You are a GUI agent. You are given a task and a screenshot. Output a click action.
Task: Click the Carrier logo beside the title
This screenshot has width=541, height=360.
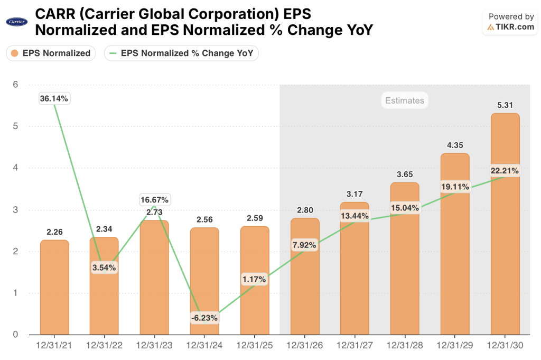tap(16, 22)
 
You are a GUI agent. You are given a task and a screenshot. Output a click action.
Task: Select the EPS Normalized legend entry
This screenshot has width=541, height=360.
tap(51, 53)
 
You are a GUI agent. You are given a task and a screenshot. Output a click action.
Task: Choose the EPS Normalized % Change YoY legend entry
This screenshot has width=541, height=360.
tap(181, 53)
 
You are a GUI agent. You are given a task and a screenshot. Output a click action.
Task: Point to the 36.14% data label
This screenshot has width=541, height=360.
tap(54, 98)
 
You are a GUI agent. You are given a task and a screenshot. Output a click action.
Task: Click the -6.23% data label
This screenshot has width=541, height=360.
tap(204, 318)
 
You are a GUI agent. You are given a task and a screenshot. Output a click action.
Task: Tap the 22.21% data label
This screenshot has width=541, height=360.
tap(505, 171)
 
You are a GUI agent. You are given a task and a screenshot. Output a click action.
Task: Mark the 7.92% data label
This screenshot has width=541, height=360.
tap(304, 245)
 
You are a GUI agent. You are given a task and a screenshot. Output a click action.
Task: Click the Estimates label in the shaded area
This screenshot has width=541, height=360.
tap(404, 100)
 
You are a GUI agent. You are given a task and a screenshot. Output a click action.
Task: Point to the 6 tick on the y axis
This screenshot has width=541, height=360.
tap(15, 85)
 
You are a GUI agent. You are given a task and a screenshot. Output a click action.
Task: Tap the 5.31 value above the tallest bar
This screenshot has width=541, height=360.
tap(505, 105)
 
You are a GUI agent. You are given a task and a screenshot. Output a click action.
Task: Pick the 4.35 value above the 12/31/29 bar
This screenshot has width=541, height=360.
tap(455, 145)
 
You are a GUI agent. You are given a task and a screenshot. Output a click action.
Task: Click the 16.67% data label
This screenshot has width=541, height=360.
tap(154, 200)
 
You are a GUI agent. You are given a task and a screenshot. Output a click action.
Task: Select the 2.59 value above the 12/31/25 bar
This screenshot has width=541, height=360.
tap(255, 218)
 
